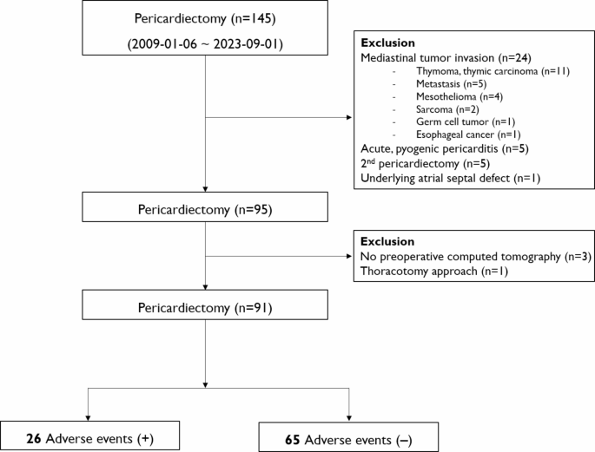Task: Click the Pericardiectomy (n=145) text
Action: [205, 18]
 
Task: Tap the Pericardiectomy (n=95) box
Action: [205, 207]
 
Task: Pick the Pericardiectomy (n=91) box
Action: [205, 308]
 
